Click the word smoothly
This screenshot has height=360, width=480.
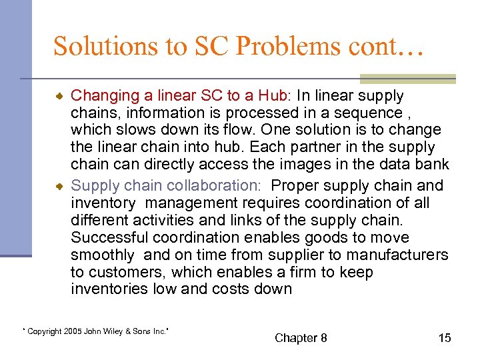103,255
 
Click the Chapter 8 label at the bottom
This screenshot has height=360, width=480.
301,338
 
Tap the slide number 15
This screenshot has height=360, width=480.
444,338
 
